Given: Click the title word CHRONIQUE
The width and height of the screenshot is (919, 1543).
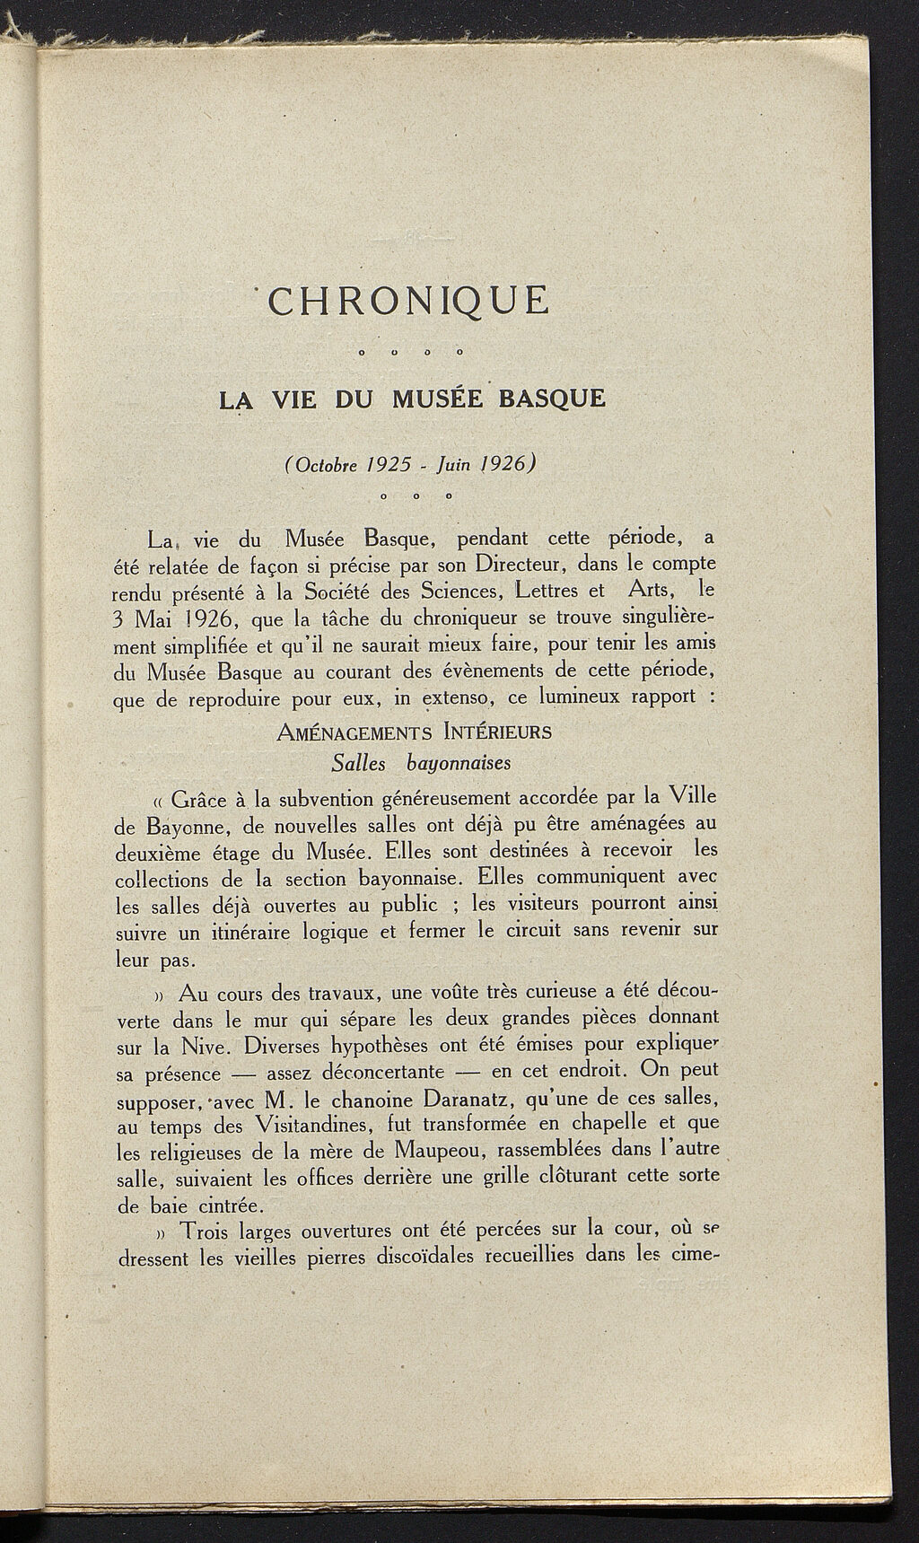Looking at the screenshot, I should point(408,301).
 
